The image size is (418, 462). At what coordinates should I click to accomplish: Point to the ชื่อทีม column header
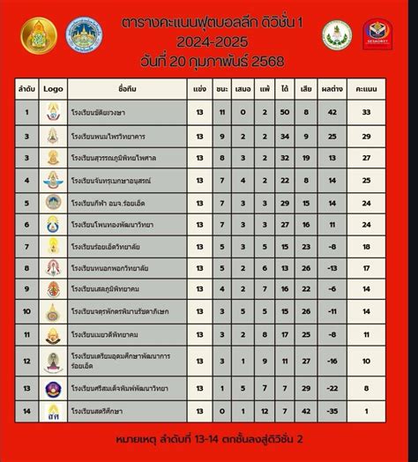click(126, 89)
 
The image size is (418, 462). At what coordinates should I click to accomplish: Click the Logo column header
click(54, 89)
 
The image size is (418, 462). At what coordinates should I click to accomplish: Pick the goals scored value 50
click(284, 112)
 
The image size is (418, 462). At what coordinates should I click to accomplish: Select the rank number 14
click(27, 412)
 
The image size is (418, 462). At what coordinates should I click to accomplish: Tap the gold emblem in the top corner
click(39, 34)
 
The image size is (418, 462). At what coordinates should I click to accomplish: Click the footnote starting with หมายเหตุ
click(210, 438)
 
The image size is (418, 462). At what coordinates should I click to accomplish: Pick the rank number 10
click(27, 311)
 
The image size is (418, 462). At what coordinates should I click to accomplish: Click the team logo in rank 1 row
click(54, 112)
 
